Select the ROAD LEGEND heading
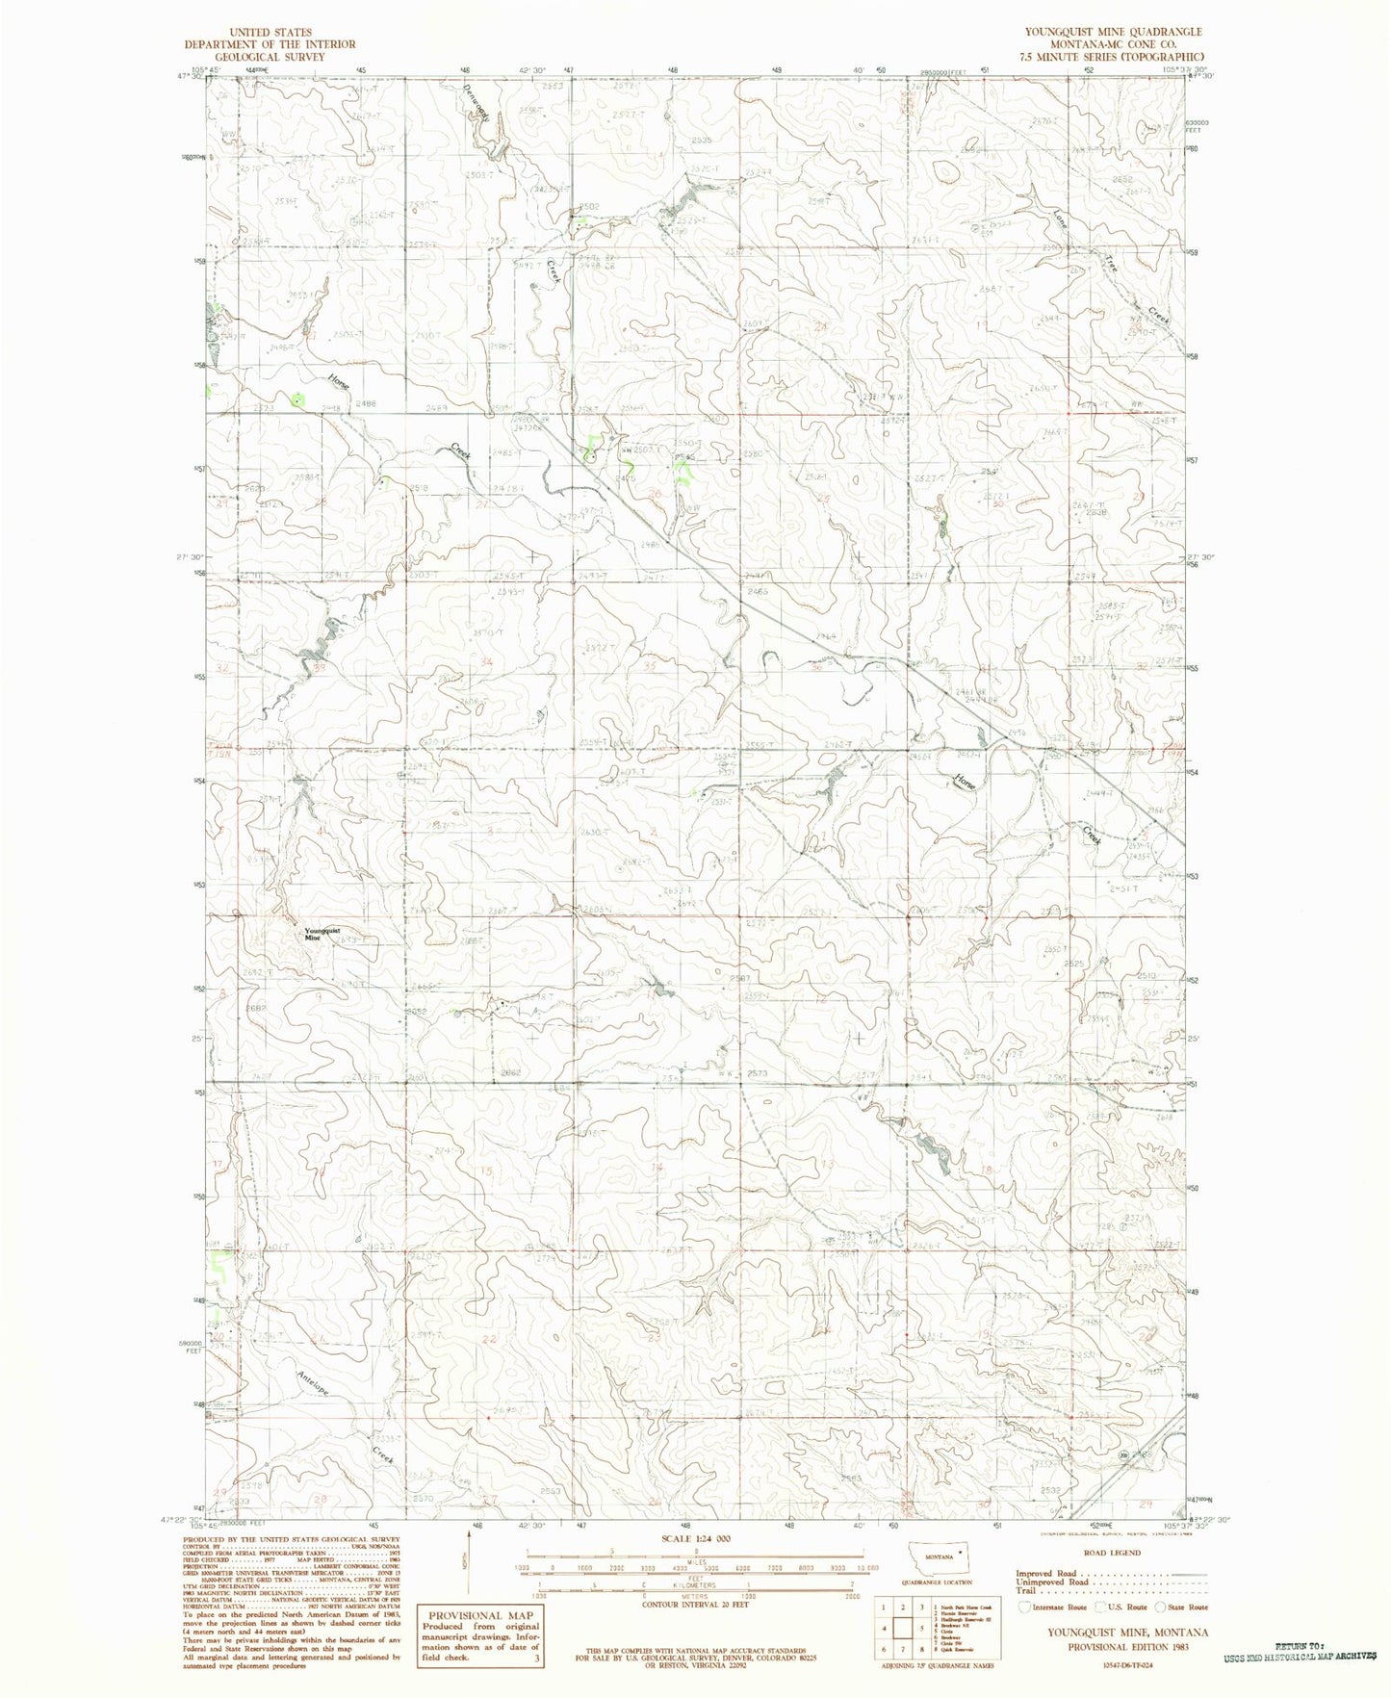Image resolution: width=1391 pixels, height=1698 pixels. click(x=1113, y=1553)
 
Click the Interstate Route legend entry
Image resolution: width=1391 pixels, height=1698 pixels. click(x=1059, y=1607)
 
